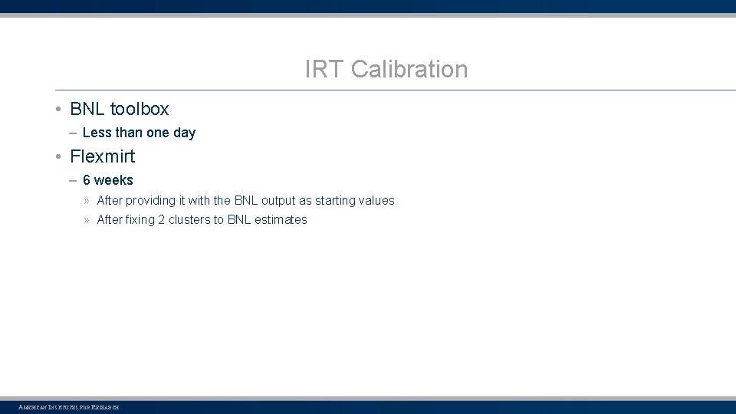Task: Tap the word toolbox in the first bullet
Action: tap(140, 109)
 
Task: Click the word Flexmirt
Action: tap(102, 156)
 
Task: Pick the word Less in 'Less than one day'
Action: tap(97, 133)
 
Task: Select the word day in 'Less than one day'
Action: tap(184, 133)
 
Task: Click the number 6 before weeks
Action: tap(87, 180)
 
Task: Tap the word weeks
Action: tap(113, 180)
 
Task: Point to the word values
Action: tap(376, 201)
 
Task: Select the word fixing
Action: tap(140, 220)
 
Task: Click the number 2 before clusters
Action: tap(162, 220)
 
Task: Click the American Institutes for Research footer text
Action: tap(68, 407)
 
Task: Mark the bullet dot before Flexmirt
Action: tap(58, 157)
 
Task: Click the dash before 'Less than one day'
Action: tap(71, 133)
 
